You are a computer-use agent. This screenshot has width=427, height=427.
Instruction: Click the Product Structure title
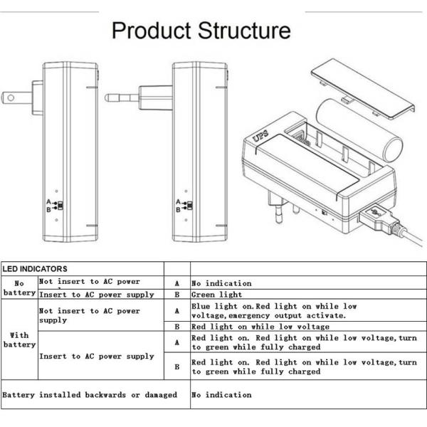201,31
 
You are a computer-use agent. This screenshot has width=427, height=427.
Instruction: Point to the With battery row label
19,339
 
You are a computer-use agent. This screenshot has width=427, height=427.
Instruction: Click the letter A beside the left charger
48,202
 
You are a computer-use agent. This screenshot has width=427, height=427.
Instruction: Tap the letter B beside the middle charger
178,210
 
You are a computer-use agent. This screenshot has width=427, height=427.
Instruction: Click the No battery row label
19,288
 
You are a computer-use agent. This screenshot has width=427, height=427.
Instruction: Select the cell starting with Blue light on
274,310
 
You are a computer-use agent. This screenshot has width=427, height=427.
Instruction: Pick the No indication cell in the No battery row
221,283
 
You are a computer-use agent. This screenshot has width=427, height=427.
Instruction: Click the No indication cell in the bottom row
221,394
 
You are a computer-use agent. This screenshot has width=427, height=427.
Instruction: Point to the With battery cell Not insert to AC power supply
89,315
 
